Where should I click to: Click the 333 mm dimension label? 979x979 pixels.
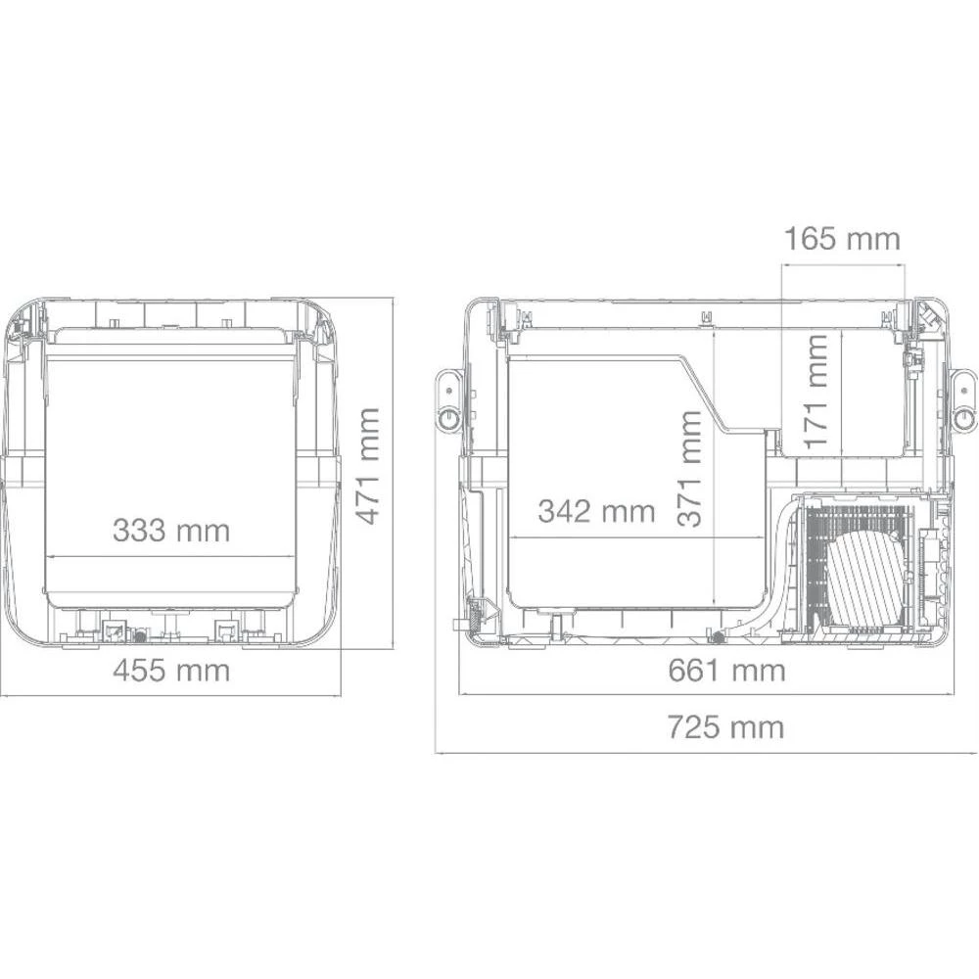click(x=170, y=530)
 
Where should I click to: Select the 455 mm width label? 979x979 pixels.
click(x=170, y=671)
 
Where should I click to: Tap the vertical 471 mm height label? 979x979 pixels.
click(x=367, y=466)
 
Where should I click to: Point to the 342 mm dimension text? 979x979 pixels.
click(x=596, y=510)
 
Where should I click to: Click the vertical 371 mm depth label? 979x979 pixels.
click(x=691, y=468)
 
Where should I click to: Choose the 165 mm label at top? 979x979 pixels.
click(x=841, y=238)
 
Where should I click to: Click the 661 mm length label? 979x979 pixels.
click(x=726, y=671)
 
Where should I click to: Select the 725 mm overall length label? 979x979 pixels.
click(x=726, y=727)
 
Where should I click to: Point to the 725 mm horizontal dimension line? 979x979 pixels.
click(x=587, y=753)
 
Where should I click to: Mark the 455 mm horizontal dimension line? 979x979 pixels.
click(x=98, y=695)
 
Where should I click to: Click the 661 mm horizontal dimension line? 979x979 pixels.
click(x=587, y=695)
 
